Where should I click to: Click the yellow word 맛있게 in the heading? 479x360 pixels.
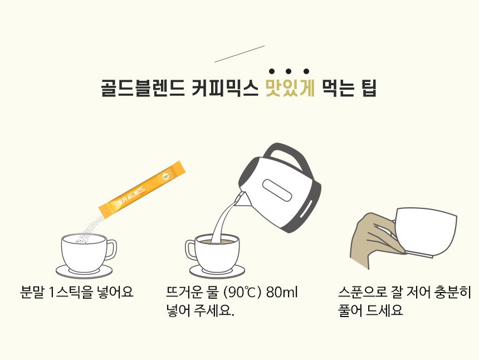(290, 88)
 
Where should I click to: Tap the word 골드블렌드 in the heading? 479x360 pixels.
(143, 88)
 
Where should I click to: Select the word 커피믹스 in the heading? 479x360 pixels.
(225, 88)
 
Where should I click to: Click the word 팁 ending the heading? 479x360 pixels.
(369, 88)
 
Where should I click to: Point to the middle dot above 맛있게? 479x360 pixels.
(289, 71)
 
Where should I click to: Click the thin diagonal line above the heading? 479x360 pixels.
(239, 54)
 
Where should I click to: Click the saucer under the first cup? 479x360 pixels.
(84, 271)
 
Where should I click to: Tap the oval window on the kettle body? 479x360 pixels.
(277, 190)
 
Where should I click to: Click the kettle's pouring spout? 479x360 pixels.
(242, 200)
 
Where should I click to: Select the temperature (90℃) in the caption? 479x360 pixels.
(242, 293)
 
